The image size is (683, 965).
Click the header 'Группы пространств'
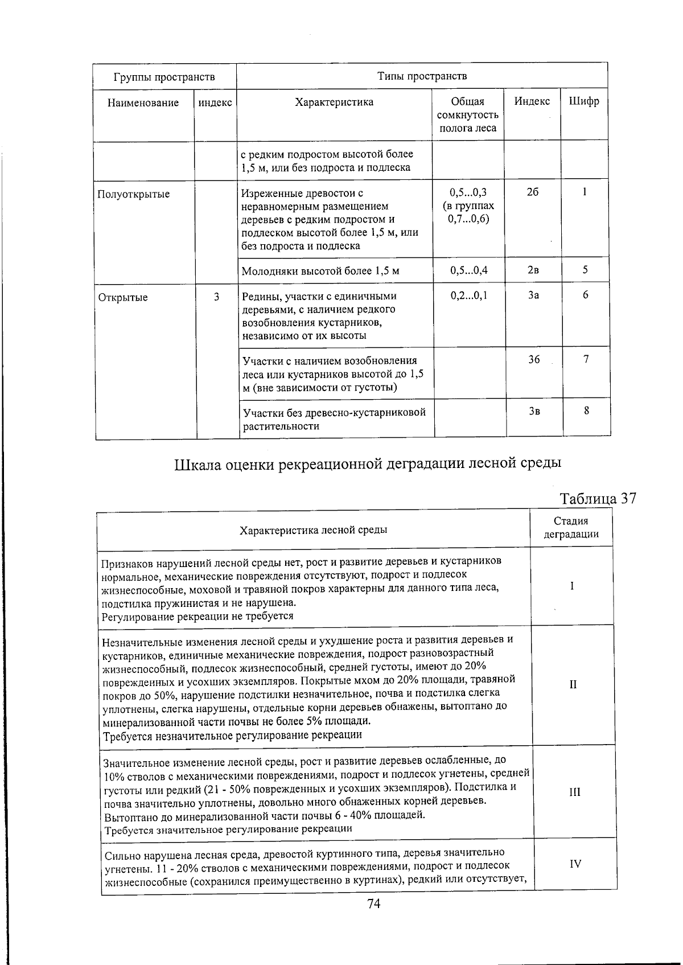pyautogui.click(x=164, y=77)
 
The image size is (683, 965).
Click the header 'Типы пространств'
pyautogui.click(x=422, y=76)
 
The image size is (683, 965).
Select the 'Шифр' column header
pyautogui.click(x=584, y=102)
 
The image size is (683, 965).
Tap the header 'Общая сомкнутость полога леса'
pyautogui.click(x=467, y=115)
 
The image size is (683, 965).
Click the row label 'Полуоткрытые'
pyautogui.click(x=134, y=194)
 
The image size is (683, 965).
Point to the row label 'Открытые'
pyautogui.click(x=123, y=297)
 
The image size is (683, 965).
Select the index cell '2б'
pyautogui.click(x=532, y=192)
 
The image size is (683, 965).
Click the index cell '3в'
pyautogui.click(x=534, y=410)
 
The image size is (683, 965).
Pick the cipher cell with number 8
pyautogui.click(x=586, y=410)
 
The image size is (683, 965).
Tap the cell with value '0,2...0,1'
pyautogui.click(x=469, y=295)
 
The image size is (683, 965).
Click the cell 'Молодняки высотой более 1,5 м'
pyautogui.click(x=320, y=271)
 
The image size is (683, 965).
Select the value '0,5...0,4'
pyautogui.click(x=468, y=270)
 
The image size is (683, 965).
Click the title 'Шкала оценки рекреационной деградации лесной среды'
pyautogui.click(x=368, y=463)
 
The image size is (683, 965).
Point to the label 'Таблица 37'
pyautogui.click(x=598, y=498)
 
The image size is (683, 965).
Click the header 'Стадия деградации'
pyautogui.click(x=571, y=527)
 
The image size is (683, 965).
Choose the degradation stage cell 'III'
pyautogui.click(x=574, y=792)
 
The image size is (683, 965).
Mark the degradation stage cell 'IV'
pyautogui.click(x=575, y=864)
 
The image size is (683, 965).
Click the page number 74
pyautogui.click(x=374, y=904)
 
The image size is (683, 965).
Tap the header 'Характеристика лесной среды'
pyautogui.click(x=313, y=530)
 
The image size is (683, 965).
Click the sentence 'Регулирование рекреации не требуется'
pyautogui.click(x=198, y=616)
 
